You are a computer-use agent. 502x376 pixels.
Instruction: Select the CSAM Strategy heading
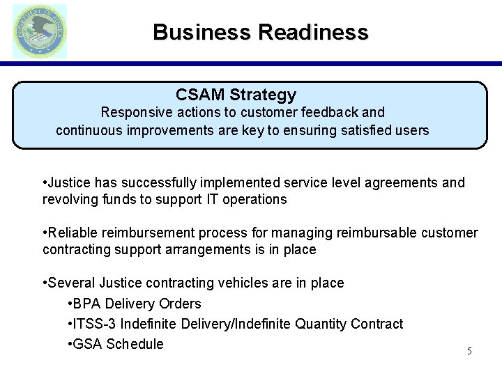(x=236, y=94)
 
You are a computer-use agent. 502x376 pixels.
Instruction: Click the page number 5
(x=469, y=351)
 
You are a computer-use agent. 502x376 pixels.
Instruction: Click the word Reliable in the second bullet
(x=73, y=232)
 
